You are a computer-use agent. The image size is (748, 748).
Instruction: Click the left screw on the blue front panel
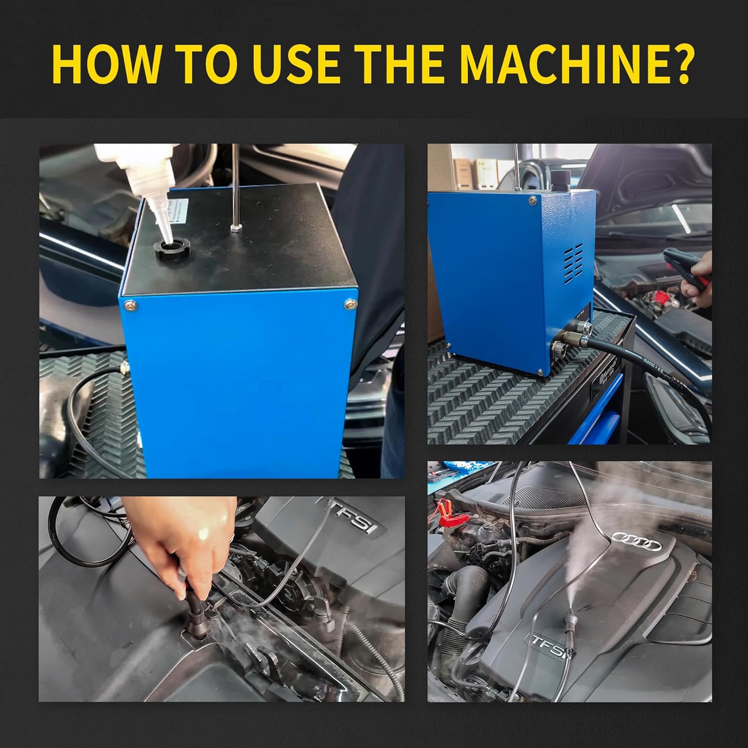[131, 305]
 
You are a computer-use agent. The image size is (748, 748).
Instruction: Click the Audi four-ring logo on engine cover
[637, 541]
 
